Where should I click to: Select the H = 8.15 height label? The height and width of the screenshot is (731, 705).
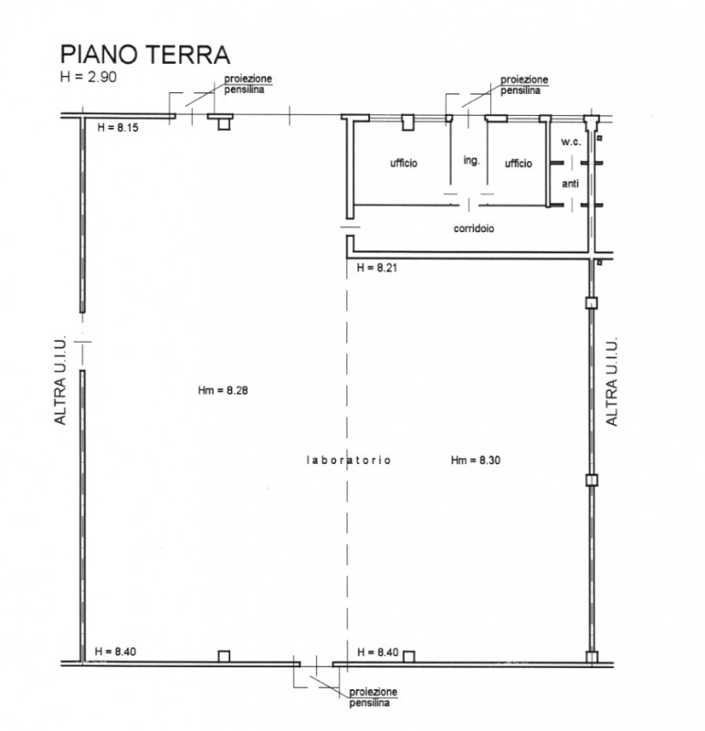coord(117,128)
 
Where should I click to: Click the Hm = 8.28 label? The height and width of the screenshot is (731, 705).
coord(224,390)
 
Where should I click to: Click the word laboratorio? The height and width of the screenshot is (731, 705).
coord(348,461)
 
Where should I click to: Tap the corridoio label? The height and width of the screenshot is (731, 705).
coord(474,229)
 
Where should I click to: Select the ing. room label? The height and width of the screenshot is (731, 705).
coord(471,160)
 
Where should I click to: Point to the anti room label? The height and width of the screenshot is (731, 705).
coord(570,184)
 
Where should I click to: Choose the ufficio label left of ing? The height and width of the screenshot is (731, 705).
coord(404,164)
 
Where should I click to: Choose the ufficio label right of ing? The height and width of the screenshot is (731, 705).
coord(518,164)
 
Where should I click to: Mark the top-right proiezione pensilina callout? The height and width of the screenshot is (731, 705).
coord(524,85)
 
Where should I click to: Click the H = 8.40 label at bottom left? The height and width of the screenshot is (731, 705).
coord(117,652)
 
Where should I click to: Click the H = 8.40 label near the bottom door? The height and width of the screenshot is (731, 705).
coord(378,652)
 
